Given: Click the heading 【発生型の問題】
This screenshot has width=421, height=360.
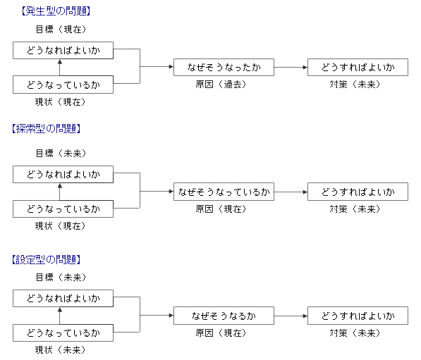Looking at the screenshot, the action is tap(56, 11).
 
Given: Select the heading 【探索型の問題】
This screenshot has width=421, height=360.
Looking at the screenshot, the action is tap(46, 129).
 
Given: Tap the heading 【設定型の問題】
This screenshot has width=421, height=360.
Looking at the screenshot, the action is tap(46, 260).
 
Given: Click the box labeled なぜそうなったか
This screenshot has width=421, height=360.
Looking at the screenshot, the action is tap(224, 68).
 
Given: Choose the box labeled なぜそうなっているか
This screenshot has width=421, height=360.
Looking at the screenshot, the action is tap(224, 192).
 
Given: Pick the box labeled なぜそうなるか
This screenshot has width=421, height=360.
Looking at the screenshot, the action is tap(224, 316).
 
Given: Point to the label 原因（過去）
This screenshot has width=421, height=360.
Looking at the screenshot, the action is tap(221, 85).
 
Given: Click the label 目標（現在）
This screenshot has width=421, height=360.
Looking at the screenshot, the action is tap(61, 30).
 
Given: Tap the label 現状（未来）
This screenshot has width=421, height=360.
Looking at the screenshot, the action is tap(60, 350).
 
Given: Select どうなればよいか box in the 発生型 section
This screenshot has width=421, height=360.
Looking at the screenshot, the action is tap(63, 51).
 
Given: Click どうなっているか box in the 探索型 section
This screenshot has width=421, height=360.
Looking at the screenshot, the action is tap(63, 209).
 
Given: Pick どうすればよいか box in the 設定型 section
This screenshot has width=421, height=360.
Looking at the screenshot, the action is tap(358, 316).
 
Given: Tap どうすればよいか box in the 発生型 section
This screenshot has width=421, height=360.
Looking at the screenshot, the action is tap(358, 68).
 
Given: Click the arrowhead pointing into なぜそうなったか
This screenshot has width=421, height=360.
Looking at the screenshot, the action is tap(171, 66).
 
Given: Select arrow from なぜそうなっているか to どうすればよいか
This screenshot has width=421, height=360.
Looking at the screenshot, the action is tap(291, 192).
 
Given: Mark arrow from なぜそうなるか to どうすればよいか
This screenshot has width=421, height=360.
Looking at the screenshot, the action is tap(291, 316).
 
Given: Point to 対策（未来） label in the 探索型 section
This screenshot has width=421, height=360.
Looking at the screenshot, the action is tap(355, 209).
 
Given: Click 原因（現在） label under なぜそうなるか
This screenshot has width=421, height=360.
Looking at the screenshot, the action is tap(221, 333).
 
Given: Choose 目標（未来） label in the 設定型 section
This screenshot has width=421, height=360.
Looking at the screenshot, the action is tap(61, 277).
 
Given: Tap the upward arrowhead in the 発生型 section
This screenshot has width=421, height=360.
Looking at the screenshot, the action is tap(60, 62).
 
